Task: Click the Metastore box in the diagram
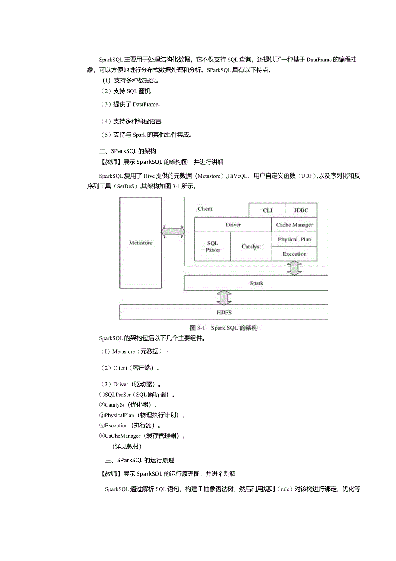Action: coord(140,243)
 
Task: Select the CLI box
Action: coord(267,210)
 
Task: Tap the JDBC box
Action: coord(301,210)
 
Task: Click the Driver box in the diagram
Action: coord(233,225)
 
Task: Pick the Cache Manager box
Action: coord(294,225)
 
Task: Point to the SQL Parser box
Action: coord(213,247)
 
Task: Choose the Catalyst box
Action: coord(251,247)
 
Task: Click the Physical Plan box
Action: coord(294,239)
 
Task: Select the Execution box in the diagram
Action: coord(294,254)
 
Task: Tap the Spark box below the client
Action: coord(256,283)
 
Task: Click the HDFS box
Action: coord(223,312)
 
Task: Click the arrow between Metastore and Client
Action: coord(173,232)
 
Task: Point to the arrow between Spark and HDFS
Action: coord(224,298)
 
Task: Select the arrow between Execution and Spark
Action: coord(294,268)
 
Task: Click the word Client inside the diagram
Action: coord(205,209)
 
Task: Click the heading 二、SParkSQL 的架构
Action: coord(127,151)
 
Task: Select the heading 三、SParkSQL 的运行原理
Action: coord(139,460)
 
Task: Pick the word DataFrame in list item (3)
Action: coord(145,104)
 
